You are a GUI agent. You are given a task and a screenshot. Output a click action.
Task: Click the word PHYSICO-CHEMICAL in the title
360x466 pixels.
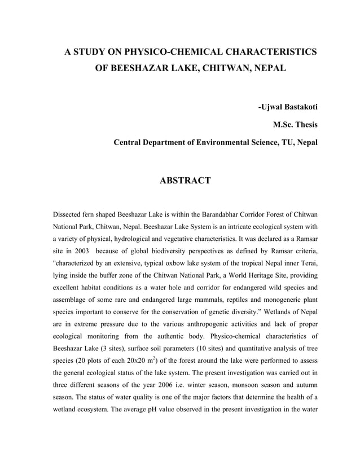click(173, 52)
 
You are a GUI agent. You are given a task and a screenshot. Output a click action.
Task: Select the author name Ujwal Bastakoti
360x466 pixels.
click(287, 107)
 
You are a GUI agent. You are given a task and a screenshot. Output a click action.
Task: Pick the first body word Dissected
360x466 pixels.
click(69, 215)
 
